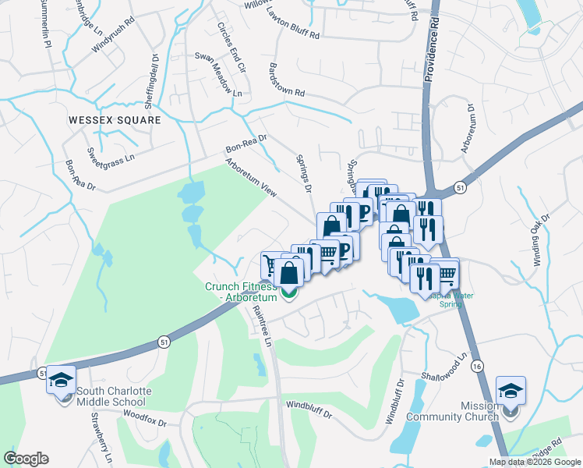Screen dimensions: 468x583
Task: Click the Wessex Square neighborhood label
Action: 114,120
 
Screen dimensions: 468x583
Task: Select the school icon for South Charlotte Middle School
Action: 61,380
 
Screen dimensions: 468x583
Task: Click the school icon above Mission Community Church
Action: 511,391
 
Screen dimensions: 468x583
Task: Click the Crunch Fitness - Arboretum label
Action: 241,292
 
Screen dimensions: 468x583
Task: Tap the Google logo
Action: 26,459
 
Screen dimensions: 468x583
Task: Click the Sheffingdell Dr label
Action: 155,73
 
